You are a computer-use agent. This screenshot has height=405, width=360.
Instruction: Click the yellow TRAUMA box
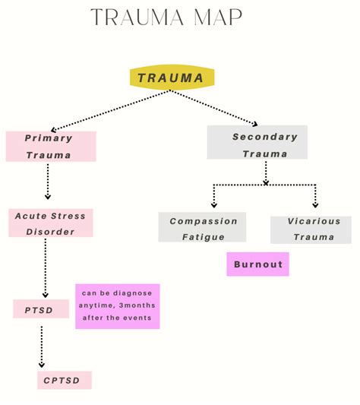172,78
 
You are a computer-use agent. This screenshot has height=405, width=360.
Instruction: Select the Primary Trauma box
50,147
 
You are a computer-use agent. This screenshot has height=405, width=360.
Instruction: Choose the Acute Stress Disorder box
51,223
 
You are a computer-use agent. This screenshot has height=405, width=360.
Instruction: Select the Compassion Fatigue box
202,228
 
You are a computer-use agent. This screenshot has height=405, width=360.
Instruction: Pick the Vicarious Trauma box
311,229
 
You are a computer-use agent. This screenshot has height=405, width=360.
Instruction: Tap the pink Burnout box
257,264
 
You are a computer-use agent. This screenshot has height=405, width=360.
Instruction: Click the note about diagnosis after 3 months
117,306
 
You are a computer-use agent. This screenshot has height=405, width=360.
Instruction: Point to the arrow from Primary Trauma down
47,182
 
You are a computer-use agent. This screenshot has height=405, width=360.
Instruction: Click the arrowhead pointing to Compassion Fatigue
213,204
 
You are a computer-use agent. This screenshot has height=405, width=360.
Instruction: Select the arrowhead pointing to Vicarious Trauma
315,204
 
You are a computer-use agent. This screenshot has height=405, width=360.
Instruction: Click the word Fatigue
203,237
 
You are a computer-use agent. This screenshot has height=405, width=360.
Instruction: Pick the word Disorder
51,232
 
